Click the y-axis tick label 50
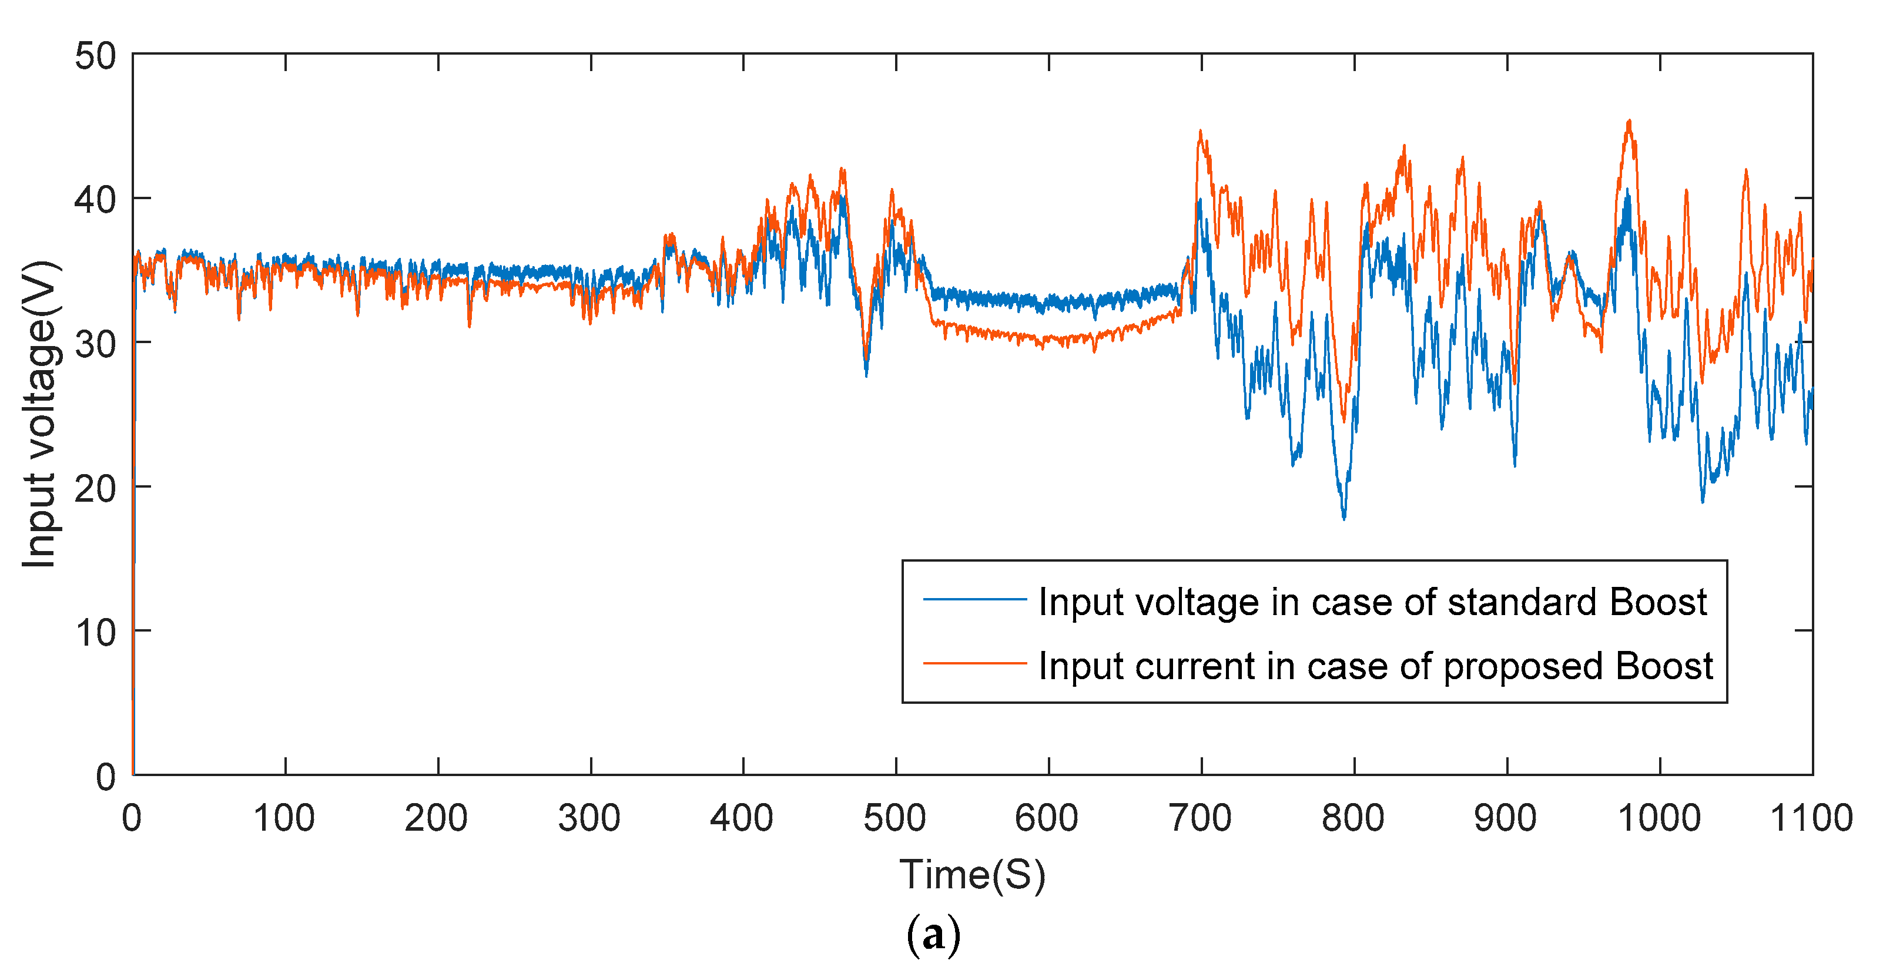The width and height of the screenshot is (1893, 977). pyautogui.click(x=96, y=56)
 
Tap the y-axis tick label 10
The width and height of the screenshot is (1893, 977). pyautogui.click(x=96, y=633)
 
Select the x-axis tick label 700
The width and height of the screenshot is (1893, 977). pyautogui.click(x=1200, y=818)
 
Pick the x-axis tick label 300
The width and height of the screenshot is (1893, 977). pyautogui.click(x=589, y=818)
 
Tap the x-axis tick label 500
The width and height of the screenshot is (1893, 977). pyautogui.click(x=894, y=818)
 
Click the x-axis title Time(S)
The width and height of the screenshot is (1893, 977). pyautogui.click(x=972, y=875)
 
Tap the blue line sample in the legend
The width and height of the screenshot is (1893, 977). pyautogui.click(x=974, y=599)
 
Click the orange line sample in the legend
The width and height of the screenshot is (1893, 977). pyautogui.click(x=974, y=663)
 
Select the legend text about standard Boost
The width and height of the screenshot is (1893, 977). pyautogui.click(x=1372, y=602)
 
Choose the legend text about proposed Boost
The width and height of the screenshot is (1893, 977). pyautogui.click(x=1375, y=666)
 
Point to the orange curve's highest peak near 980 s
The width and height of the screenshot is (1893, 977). pyautogui.click(x=1629, y=121)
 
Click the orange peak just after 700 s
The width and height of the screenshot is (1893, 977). pyautogui.click(x=1201, y=132)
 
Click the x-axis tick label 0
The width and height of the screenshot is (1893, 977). pyautogui.click(x=132, y=818)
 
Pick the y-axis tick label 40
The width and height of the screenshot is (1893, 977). pyautogui.click(x=96, y=200)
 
